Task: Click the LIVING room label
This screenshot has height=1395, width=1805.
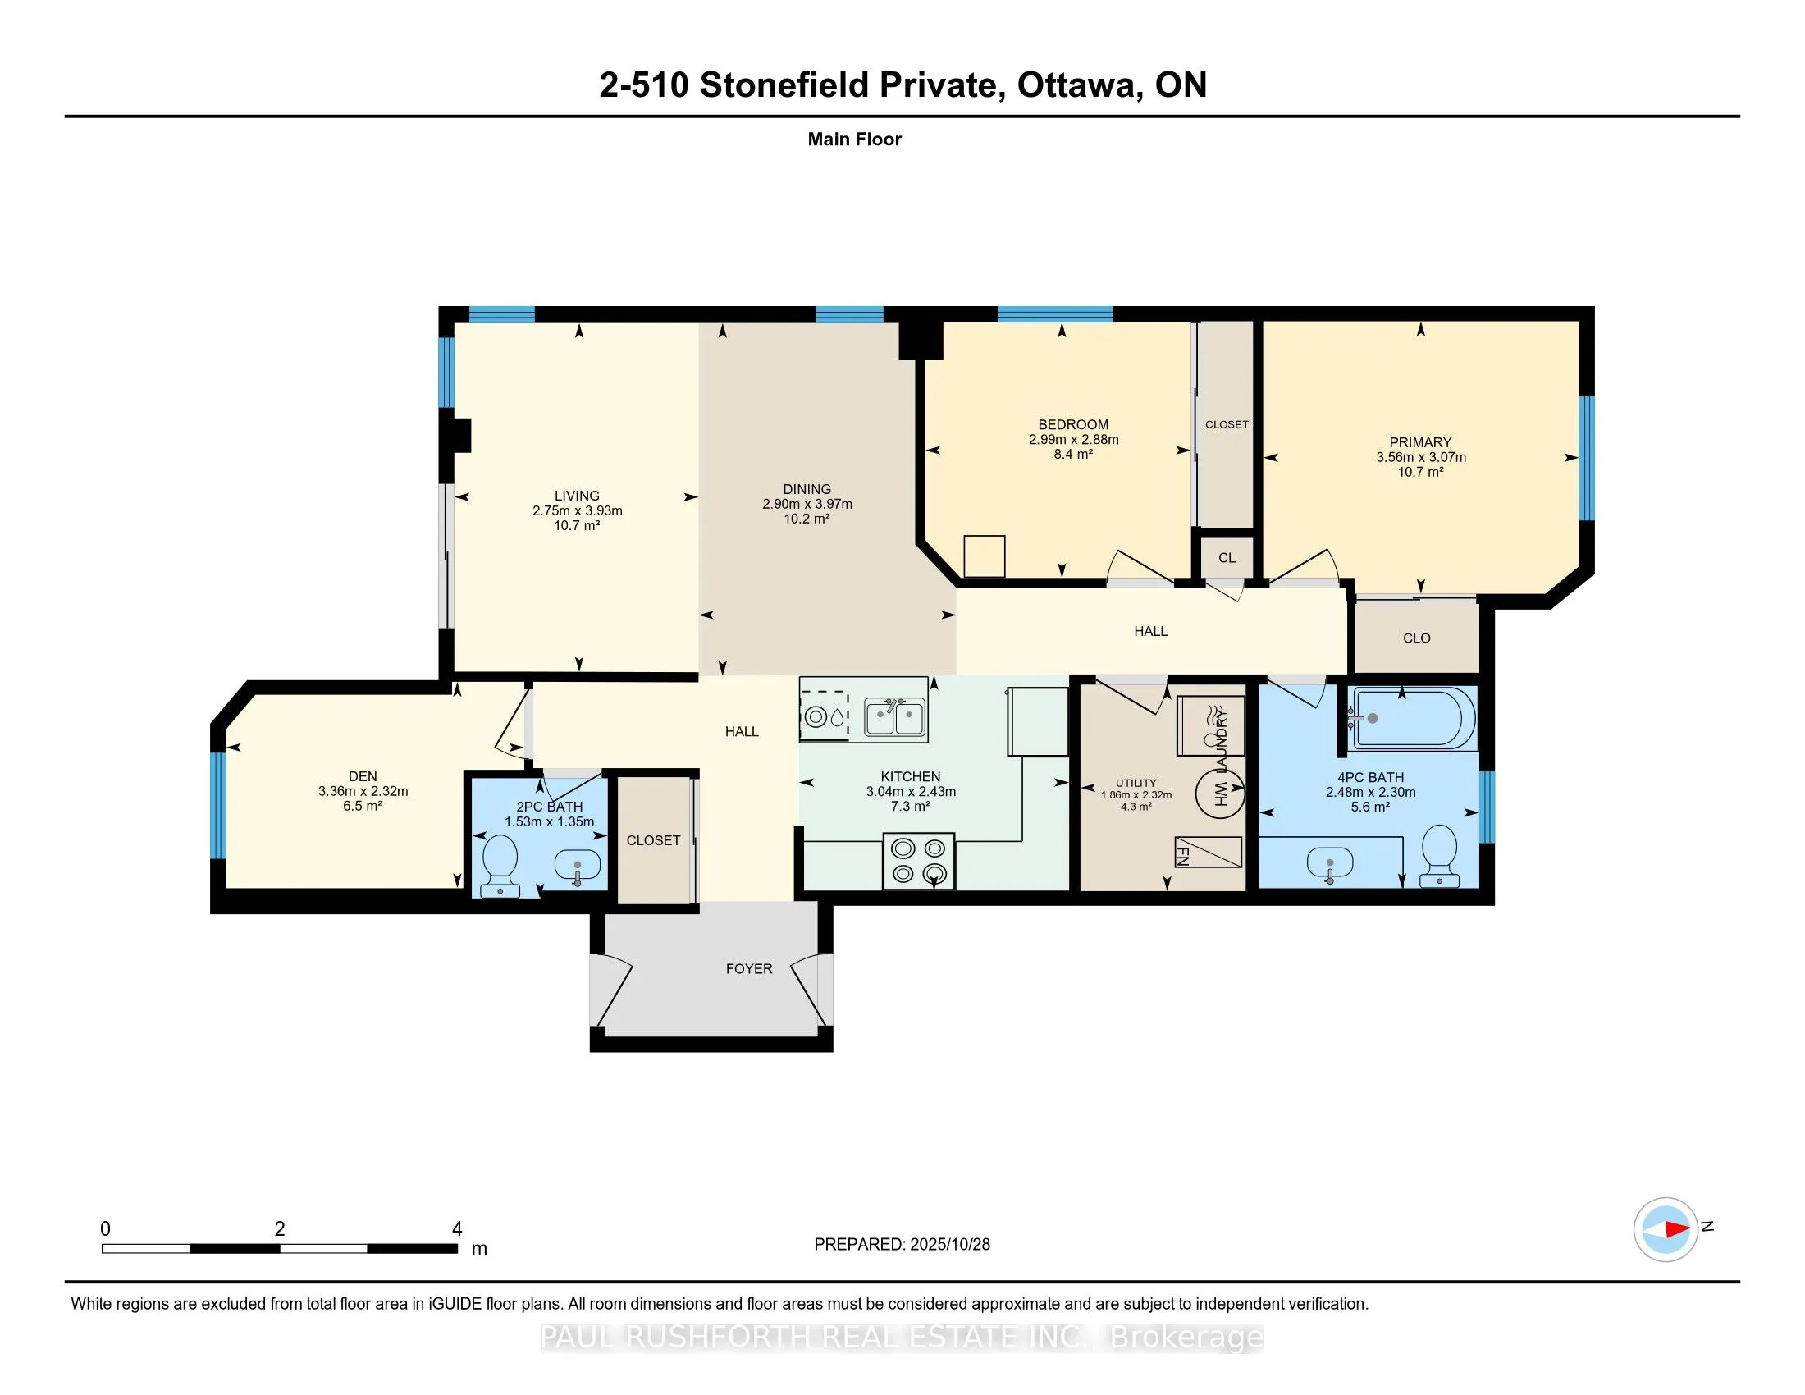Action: click(x=577, y=496)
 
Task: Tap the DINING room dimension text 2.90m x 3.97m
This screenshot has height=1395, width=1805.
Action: click(x=807, y=504)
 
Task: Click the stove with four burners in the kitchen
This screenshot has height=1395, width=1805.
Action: click(x=918, y=860)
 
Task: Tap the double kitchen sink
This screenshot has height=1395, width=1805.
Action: click(x=894, y=716)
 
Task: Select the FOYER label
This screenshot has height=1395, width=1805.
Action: click(x=749, y=968)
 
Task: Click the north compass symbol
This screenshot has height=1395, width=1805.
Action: click(x=1665, y=1229)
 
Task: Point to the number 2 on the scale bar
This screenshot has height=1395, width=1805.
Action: click(x=279, y=1229)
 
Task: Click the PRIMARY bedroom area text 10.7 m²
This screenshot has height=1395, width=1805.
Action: click(x=1420, y=472)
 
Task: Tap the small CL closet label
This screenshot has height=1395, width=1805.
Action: click(x=1227, y=558)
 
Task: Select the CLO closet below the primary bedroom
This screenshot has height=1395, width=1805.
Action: click(x=1417, y=638)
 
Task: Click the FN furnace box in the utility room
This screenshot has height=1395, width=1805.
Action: click(x=1209, y=853)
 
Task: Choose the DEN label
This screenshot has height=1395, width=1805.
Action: click(x=362, y=776)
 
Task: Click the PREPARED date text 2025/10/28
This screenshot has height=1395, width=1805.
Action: click(x=948, y=1245)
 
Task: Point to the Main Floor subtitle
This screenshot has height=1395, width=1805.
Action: click(x=854, y=139)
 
